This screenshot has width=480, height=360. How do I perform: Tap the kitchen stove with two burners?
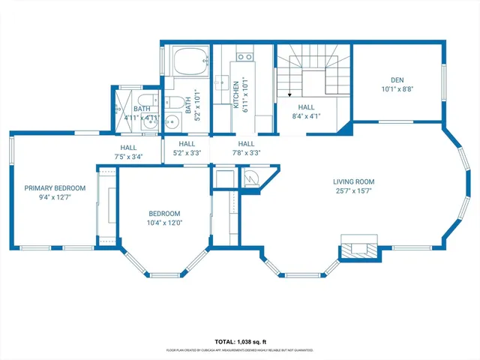[x=244, y=56]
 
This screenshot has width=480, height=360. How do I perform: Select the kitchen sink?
[x=222, y=85]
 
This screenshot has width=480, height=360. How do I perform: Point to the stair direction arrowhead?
[x=289, y=95]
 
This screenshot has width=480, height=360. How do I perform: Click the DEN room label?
[x=397, y=79]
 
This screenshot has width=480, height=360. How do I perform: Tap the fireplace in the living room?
[x=358, y=247]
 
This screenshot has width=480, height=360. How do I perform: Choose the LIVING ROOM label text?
[x=354, y=181]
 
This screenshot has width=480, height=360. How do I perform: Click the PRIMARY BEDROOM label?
[x=55, y=188]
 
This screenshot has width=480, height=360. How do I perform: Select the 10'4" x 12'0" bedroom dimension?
[x=164, y=222]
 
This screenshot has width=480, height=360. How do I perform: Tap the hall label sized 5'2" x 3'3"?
[x=187, y=152]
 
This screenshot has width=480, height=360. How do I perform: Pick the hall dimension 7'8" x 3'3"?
[x=246, y=152]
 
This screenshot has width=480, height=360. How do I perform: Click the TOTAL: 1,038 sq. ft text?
[x=240, y=340]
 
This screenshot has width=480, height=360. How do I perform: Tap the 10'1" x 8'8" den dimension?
[x=397, y=88]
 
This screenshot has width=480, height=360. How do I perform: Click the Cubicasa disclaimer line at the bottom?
[x=240, y=350]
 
